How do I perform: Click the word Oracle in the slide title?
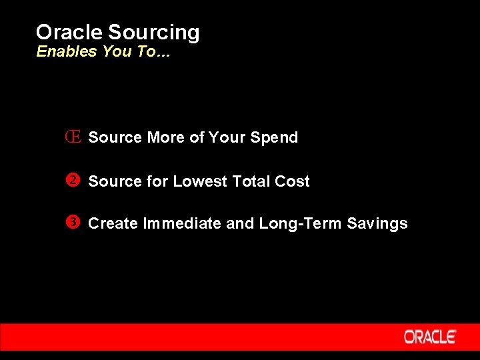(x=69, y=32)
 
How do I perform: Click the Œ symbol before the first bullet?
(x=73, y=137)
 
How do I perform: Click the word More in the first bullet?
(x=166, y=137)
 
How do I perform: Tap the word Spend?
(x=273, y=138)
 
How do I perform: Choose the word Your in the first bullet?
(x=227, y=137)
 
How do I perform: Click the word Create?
(x=113, y=224)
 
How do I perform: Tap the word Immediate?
(x=183, y=224)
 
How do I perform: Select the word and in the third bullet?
(x=240, y=224)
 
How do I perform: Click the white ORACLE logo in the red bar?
(x=430, y=337)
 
